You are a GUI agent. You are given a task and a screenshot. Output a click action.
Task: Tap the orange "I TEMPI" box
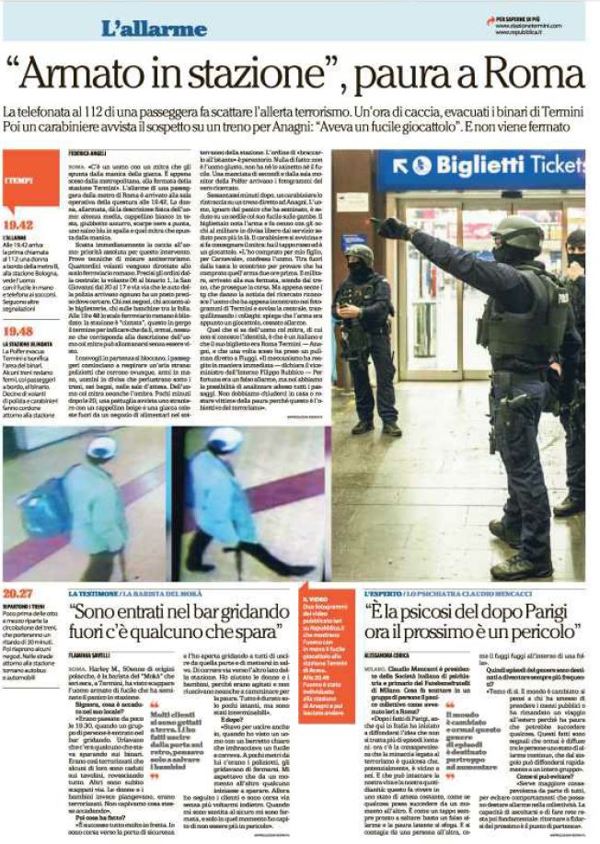click(x=25, y=181)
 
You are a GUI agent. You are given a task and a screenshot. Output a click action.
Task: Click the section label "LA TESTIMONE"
click(x=98, y=594)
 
